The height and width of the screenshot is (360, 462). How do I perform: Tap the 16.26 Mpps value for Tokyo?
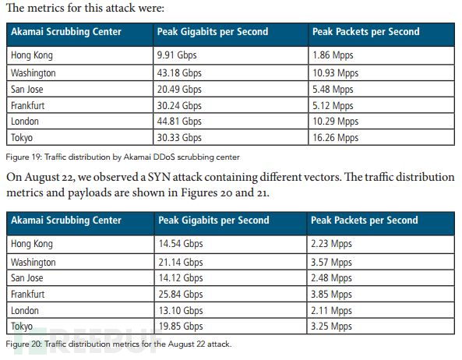335,138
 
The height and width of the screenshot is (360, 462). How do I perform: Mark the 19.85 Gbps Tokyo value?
181,326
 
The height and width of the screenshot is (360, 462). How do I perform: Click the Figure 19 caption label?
24,157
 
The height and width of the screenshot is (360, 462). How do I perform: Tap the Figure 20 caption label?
24,344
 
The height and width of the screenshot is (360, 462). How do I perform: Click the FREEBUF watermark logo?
88,341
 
